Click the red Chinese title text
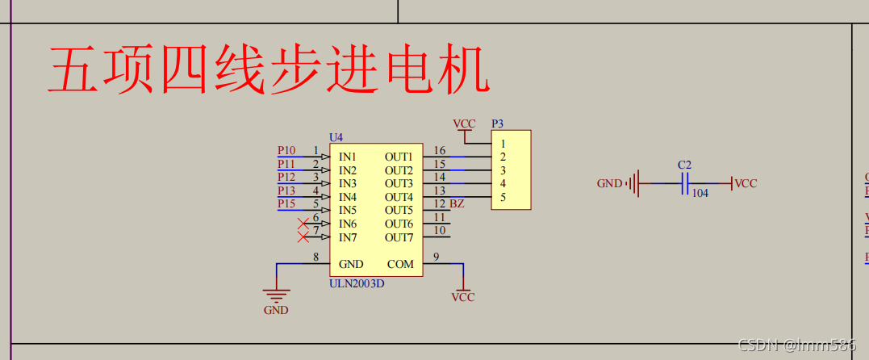tap(268, 71)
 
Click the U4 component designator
tap(336, 137)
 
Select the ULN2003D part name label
tap(357, 283)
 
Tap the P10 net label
tap(286, 150)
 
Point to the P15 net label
tap(286, 203)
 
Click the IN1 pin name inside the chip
tap(348, 157)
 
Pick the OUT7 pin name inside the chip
tap(399, 237)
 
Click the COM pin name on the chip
tap(400, 264)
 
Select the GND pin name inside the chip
tap(351, 264)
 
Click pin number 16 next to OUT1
tap(439, 150)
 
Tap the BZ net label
tap(457, 203)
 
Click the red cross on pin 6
tap(303, 224)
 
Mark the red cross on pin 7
tap(303, 237)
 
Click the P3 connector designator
tap(498, 123)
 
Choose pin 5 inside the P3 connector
tap(503, 197)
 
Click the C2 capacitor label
tap(684, 165)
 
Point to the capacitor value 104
tap(700, 194)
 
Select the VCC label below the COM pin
tap(463, 297)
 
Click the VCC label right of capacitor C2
tap(746, 184)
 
